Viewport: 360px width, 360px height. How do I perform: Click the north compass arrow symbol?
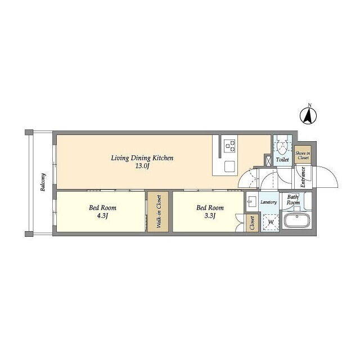[x=308, y=115]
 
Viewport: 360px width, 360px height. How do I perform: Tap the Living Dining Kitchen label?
[x=142, y=158]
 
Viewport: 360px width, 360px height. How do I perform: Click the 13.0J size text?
[x=142, y=166]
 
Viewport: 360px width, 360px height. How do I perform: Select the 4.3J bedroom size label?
[x=102, y=216]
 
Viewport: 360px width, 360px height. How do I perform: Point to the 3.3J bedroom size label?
[x=210, y=216]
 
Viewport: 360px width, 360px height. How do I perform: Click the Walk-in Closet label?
[x=159, y=211]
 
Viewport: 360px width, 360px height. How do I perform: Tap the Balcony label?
[x=43, y=182]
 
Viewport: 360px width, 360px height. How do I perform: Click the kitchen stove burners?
[x=230, y=146]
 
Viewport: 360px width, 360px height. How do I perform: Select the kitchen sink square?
[x=229, y=166]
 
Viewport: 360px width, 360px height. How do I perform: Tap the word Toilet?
[x=282, y=159]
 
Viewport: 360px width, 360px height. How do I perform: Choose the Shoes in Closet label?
[x=303, y=155]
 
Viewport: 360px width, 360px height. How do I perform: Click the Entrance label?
[x=303, y=177]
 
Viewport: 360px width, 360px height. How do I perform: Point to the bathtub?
[x=297, y=220]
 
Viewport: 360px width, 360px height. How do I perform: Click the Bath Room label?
[x=293, y=200]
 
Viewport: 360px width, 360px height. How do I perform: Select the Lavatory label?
[x=268, y=202]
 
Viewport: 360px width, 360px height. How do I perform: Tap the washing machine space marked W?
[x=271, y=222]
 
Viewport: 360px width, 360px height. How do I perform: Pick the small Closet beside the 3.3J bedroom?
[x=252, y=223]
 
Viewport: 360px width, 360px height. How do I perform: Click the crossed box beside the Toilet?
[x=268, y=161]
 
